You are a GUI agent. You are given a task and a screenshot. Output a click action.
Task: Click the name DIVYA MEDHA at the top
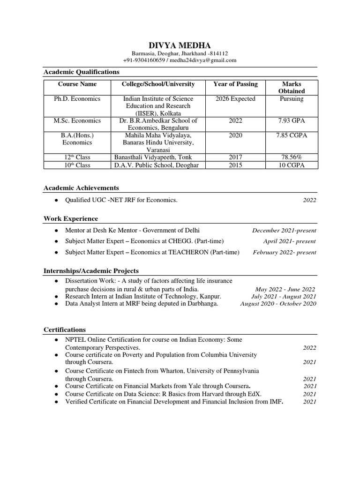pos(180,45)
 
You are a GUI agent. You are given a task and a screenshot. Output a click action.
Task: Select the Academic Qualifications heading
pos(81,72)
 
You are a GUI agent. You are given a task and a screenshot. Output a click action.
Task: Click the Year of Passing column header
pos(235,84)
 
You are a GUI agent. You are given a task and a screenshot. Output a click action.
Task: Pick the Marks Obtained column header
pos(291,88)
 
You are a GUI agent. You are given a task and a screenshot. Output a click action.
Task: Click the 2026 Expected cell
pos(235,99)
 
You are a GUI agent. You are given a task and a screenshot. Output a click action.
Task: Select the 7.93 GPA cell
pos(291,120)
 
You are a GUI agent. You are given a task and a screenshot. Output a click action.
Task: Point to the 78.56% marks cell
pos(291,157)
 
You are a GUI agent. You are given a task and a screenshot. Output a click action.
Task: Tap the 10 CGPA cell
pos(291,165)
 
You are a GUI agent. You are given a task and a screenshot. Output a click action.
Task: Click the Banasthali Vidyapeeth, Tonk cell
pos(153,157)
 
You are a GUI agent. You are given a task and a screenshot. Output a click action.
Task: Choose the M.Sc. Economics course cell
pos(77,120)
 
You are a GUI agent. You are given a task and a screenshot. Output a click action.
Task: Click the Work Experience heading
pos(71,218)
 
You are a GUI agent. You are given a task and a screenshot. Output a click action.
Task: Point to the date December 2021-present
pos(284,231)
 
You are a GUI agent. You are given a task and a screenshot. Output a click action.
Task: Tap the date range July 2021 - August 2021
pos(284,297)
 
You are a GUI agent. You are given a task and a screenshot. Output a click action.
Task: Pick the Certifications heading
pos(65,330)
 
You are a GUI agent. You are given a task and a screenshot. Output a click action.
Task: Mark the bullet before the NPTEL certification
pos(56,339)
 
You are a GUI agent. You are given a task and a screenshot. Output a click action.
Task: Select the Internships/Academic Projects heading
pos(91,271)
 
